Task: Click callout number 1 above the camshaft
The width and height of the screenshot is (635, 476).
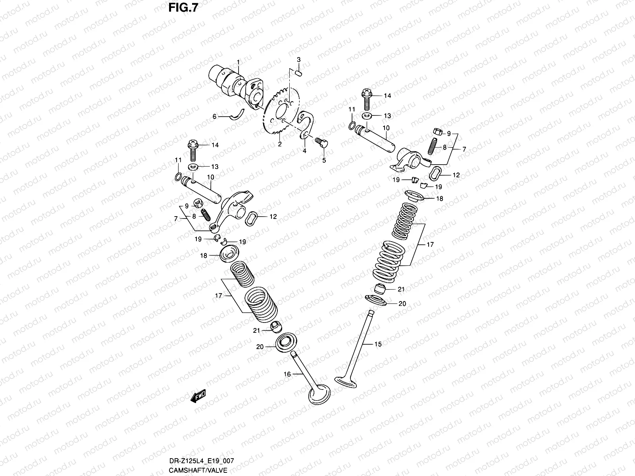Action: tap(239, 62)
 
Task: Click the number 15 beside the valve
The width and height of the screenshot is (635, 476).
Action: tap(378, 344)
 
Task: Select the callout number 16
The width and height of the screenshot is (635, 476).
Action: tap(287, 374)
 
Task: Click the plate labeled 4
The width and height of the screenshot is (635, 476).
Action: tap(307, 125)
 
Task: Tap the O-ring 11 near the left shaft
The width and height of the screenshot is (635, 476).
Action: tap(179, 177)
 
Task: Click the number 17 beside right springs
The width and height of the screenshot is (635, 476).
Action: tap(430, 245)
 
